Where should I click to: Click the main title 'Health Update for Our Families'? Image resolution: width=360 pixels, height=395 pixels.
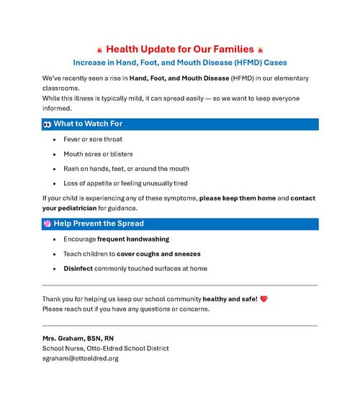click(x=180, y=49)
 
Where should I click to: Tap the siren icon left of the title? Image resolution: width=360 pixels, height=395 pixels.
click(x=99, y=50)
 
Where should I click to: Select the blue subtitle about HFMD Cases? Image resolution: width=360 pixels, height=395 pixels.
click(x=180, y=63)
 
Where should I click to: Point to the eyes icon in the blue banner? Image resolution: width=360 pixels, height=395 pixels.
click(x=47, y=124)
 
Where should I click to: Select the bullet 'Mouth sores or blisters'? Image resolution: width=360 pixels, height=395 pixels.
click(x=98, y=154)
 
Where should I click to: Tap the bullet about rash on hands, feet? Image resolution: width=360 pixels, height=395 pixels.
click(x=126, y=169)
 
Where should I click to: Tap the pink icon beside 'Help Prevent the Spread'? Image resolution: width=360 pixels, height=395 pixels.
click(x=47, y=223)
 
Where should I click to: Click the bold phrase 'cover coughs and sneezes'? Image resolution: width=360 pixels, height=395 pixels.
click(x=158, y=254)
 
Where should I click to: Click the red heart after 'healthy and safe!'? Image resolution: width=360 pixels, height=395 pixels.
click(x=264, y=298)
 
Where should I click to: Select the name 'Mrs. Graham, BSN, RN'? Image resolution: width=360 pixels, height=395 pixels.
click(x=78, y=338)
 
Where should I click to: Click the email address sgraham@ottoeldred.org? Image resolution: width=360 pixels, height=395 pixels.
click(x=80, y=358)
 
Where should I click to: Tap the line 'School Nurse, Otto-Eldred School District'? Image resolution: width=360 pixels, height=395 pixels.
click(x=106, y=348)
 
